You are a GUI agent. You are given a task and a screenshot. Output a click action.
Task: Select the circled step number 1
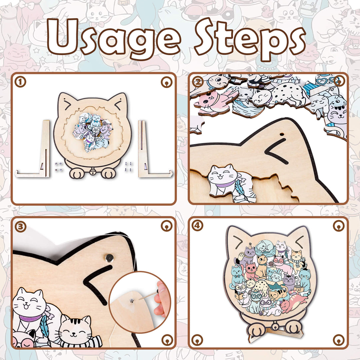[21, 82]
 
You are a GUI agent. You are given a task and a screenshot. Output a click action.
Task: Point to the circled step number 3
[21, 226]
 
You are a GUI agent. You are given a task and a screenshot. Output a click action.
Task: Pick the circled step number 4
[198, 226]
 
